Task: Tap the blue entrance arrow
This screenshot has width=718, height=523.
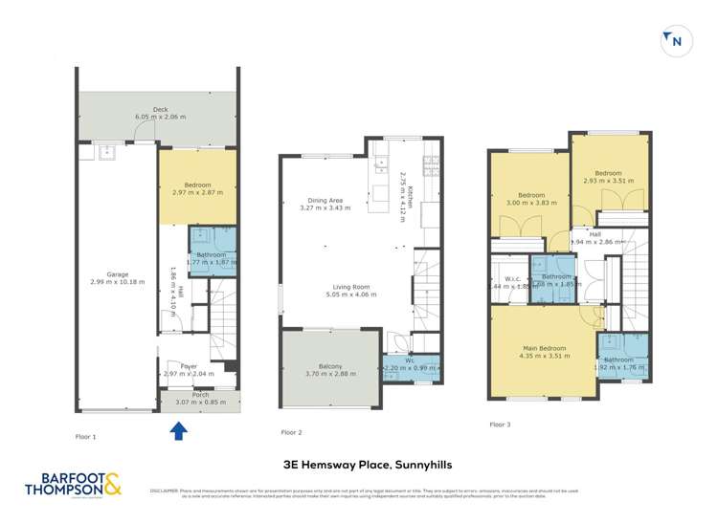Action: tap(177, 431)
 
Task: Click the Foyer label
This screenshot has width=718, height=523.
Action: tap(188, 366)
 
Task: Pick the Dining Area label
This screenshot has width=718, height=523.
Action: tap(321, 200)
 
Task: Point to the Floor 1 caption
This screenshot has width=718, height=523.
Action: tap(86, 436)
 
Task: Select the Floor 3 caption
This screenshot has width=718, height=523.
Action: tap(500, 424)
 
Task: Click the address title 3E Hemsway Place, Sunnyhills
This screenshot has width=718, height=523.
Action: tap(359, 466)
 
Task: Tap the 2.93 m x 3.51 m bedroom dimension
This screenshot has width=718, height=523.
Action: tap(608, 180)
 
